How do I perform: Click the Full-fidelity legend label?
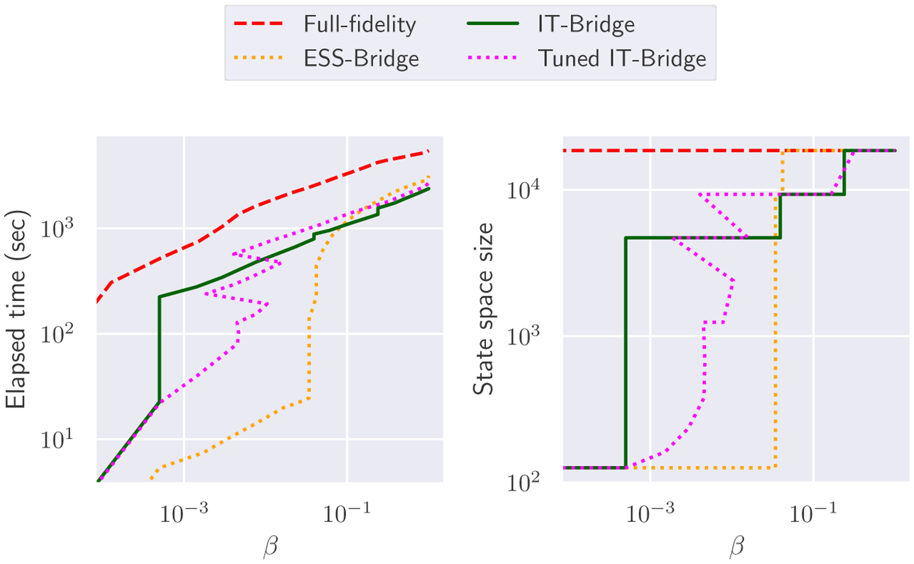(x=360, y=24)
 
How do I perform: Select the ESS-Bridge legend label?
(x=361, y=59)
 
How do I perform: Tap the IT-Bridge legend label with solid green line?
(x=586, y=24)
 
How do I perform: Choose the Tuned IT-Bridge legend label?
(x=622, y=59)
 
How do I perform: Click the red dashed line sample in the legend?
(x=258, y=24)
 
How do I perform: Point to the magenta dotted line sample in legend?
(x=492, y=58)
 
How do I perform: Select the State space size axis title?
(x=483, y=309)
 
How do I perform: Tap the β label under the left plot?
(x=271, y=548)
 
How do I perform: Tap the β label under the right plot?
(x=736, y=548)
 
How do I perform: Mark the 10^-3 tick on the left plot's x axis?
(x=184, y=514)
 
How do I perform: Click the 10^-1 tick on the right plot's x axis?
(x=813, y=514)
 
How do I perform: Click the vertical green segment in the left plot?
(x=160, y=351)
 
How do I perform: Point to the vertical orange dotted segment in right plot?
(x=775, y=330)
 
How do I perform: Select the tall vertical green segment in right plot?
(x=626, y=356)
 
